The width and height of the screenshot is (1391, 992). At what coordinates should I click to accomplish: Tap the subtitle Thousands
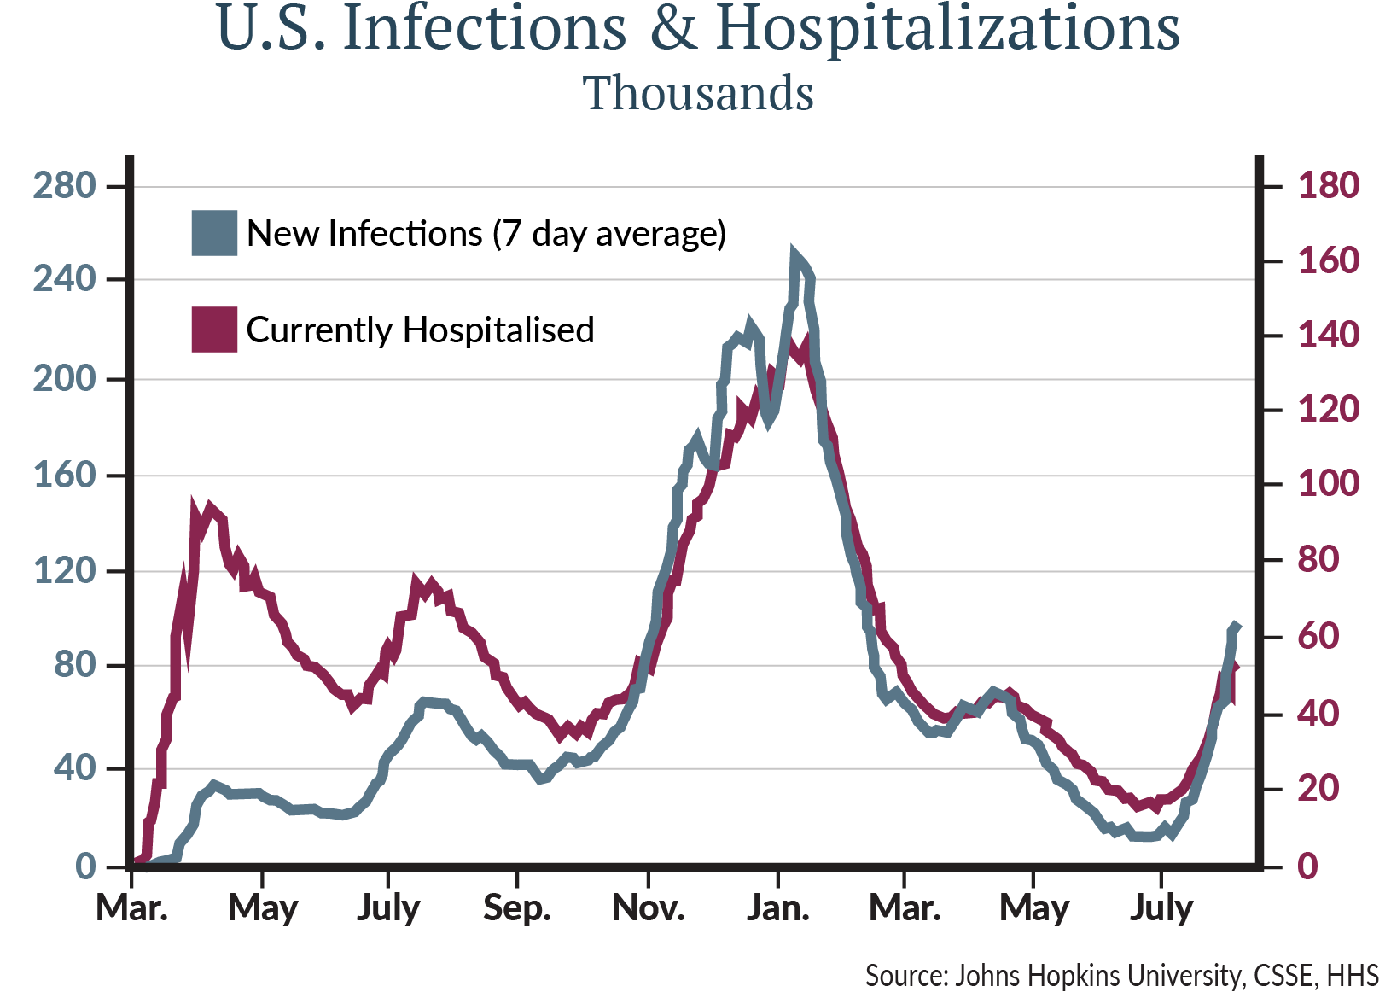coord(698,93)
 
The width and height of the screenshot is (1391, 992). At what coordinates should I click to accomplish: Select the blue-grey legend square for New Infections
coord(214,233)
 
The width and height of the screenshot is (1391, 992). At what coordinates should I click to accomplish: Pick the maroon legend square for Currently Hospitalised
coord(214,330)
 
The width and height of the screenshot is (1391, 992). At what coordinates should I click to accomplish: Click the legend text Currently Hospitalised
coord(420,330)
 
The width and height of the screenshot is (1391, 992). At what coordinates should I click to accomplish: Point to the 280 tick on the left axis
coord(64,185)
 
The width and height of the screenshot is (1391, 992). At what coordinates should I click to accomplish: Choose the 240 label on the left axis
coord(64,279)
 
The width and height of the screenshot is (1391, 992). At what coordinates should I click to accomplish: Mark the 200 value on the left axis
coord(64,379)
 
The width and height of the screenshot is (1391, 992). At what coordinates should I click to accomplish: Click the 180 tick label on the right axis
coord(1328,185)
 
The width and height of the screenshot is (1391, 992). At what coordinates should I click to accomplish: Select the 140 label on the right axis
coord(1328,335)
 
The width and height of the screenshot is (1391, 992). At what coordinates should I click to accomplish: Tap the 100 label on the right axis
coord(1328,484)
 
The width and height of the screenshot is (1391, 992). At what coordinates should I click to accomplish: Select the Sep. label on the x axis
coord(517,908)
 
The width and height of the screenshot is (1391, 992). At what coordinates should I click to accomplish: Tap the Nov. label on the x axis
coord(649,908)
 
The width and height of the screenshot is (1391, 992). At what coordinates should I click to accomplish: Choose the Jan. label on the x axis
coord(777,908)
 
